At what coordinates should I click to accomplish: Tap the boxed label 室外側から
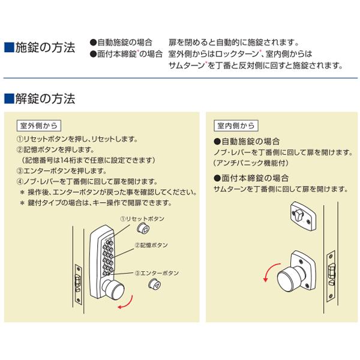point(38,126)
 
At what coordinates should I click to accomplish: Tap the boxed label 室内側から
point(236,126)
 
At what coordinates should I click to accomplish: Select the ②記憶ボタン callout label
point(151,245)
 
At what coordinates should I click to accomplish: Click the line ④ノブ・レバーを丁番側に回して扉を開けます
point(87,182)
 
